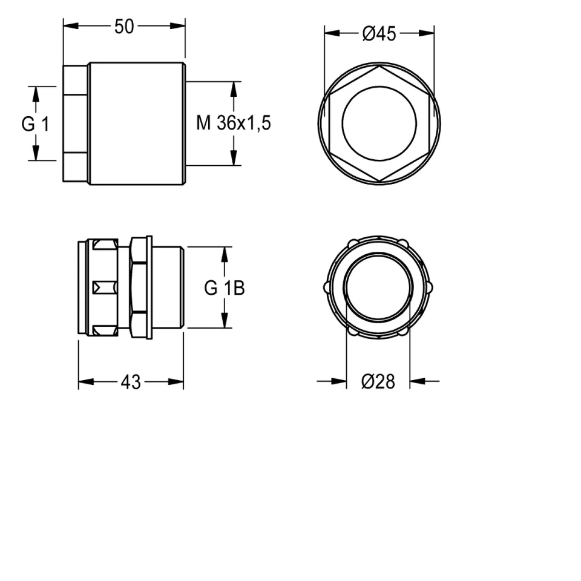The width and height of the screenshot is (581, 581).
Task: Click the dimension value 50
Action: [x=124, y=27]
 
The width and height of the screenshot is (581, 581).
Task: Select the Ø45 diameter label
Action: [x=379, y=34]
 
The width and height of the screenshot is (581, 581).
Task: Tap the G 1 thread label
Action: [x=35, y=123]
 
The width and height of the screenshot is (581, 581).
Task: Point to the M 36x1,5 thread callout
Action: [x=234, y=123]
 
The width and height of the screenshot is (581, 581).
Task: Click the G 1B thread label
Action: [x=225, y=288]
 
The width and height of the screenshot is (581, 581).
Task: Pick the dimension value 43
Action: [x=131, y=382]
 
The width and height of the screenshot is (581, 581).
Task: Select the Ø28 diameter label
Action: [x=378, y=381]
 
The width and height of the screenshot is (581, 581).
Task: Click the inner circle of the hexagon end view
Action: [x=379, y=87]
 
